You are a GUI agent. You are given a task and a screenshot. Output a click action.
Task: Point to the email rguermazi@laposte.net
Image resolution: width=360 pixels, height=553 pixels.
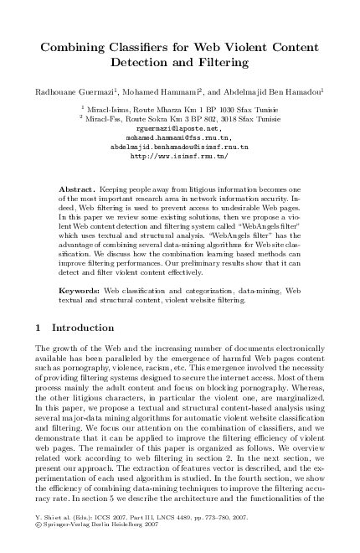179,128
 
